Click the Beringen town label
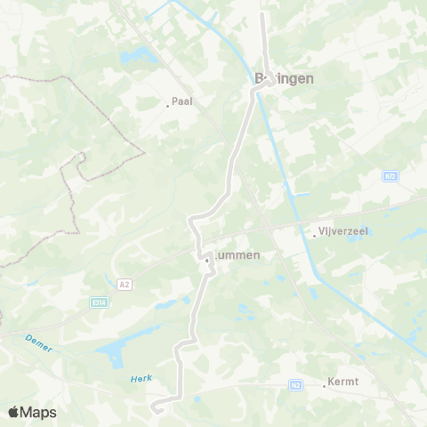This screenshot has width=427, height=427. click(284, 78)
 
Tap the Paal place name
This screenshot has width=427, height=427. click(182, 101)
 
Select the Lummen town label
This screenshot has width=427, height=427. click(237, 255)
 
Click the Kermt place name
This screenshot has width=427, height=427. click(342, 382)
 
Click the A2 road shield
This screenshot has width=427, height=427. click(125, 284)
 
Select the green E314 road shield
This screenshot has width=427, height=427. click(99, 302)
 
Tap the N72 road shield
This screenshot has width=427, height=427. click(391, 176)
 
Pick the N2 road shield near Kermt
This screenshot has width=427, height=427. click(296, 385)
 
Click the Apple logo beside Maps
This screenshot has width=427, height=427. click(14, 412)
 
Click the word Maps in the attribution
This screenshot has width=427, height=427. click(40, 412)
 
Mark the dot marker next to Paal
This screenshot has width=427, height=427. click(167, 106)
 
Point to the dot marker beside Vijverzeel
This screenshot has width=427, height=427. click(315, 236)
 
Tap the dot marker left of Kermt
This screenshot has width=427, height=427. click(325, 386)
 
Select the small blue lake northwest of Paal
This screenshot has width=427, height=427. click(135, 57)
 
